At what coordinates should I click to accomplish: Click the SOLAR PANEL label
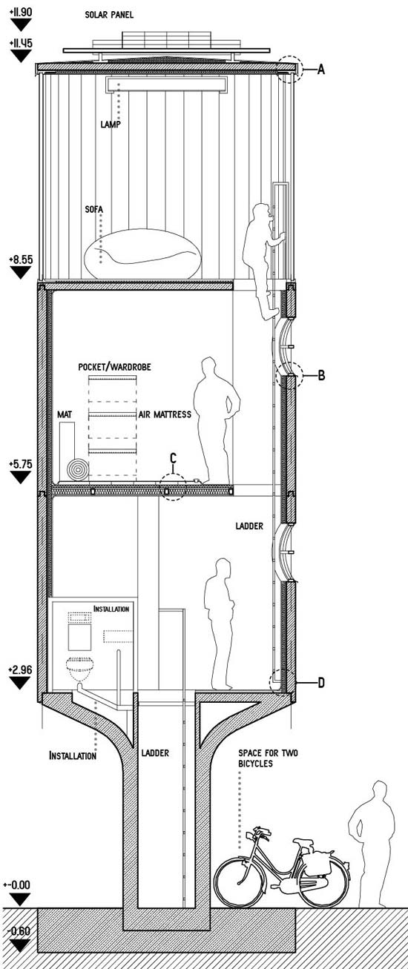[x=109, y=15]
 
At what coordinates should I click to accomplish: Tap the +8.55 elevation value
[x=20, y=259]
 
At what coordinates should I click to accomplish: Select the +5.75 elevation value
[x=20, y=464]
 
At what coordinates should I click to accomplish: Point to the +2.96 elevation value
[x=20, y=670]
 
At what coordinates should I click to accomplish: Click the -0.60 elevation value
[x=19, y=929]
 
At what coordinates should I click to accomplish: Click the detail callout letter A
[x=320, y=69]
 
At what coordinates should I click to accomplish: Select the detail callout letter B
[x=321, y=375]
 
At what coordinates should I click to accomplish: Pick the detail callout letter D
[x=321, y=683]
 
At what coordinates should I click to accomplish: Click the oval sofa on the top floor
[x=142, y=254]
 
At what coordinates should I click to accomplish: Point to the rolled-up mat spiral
[x=78, y=469]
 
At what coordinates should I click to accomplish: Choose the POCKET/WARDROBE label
[x=115, y=367]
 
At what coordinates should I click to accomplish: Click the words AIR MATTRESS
[x=165, y=414]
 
